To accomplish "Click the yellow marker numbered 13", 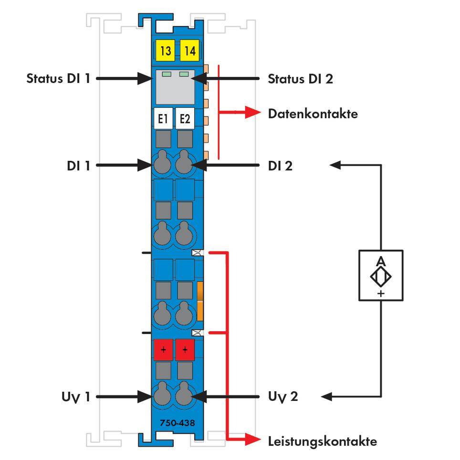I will pos(165,51).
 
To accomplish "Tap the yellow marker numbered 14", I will pos(190,51).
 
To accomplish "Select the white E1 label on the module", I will pos(163,119).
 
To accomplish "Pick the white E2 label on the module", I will pos(185,119).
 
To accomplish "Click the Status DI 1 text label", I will pos(58,78).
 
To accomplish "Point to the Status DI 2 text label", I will pos(300,78).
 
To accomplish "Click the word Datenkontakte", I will pos(313,114).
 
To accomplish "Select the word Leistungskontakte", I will pos(322,441).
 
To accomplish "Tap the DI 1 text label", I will pos(78,166).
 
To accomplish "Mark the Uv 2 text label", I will pos(283,397).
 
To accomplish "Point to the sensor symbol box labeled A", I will pos(381,275).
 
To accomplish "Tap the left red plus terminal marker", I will pos(163,350).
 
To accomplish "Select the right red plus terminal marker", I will pos(185,350).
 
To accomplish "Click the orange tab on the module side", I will pos(200,301).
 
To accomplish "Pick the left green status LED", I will pos(167,74).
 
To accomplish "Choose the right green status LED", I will pos(184,74).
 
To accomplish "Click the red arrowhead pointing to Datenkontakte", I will pos(252,113).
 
